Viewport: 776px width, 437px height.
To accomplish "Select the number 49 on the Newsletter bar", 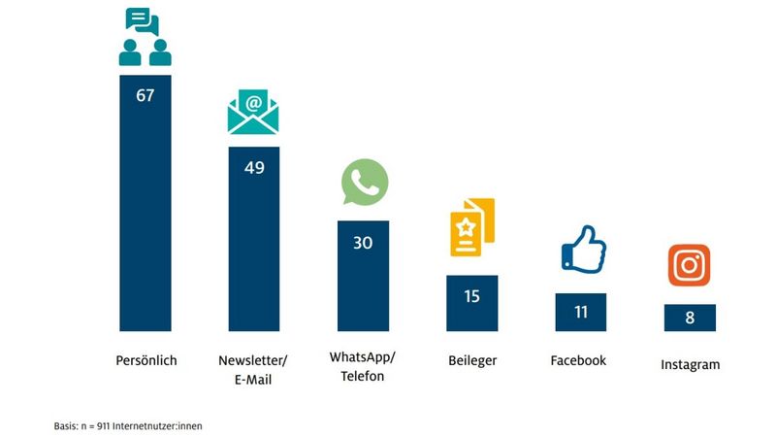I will pos(254,167).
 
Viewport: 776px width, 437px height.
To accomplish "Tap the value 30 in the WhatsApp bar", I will pos(363,243).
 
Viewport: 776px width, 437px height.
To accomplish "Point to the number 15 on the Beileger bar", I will pos(472,296).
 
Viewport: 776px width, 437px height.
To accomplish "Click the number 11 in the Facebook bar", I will pos(580,313).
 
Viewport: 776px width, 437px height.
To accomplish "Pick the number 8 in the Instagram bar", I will pos(690,318).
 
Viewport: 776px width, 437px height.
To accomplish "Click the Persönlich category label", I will pos(145,360).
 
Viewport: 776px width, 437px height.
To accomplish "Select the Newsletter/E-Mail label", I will pos(254,370).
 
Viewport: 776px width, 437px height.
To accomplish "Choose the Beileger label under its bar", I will pos(472,360).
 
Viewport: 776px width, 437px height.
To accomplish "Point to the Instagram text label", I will pos(690,365).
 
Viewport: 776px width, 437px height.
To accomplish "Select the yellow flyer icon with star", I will pos(472,226).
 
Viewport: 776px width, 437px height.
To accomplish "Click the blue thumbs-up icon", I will pos(583,249).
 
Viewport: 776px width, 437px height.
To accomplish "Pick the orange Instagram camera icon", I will pos(690,265).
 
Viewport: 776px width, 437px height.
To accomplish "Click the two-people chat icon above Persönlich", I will pos(145,37).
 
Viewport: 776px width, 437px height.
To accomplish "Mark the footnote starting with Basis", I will pos(128,425).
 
